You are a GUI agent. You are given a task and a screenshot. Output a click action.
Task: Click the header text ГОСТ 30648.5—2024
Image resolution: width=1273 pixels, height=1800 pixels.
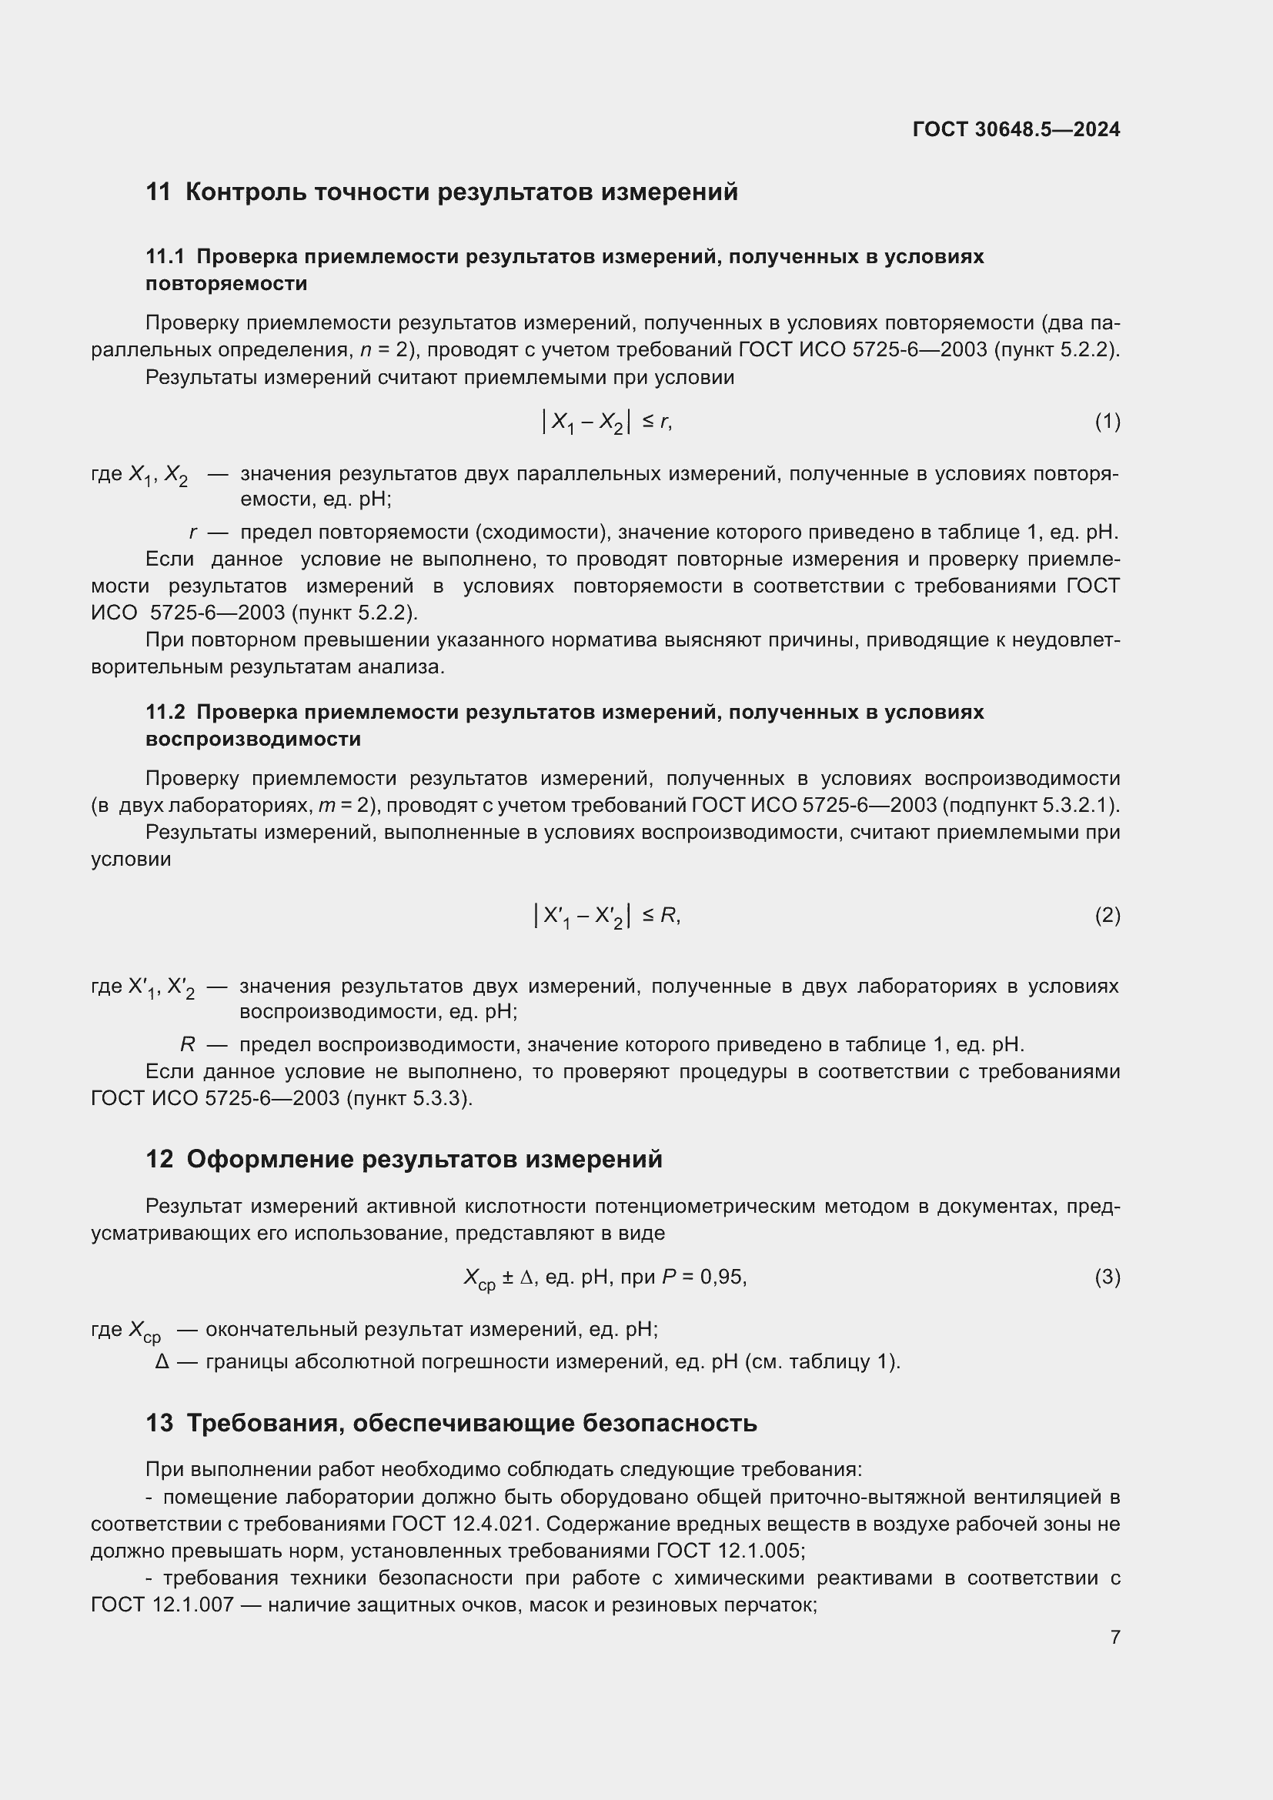tap(1016, 129)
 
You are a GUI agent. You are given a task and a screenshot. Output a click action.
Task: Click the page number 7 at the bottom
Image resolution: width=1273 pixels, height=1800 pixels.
tap(1114, 1637)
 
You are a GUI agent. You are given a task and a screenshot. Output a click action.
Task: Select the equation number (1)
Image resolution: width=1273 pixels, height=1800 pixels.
tap(1107, 422)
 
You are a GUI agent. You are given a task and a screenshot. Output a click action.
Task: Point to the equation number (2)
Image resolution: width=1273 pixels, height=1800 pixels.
tap(1107, 915)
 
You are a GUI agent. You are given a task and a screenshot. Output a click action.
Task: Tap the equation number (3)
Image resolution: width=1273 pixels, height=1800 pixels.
tap(1107, 1277)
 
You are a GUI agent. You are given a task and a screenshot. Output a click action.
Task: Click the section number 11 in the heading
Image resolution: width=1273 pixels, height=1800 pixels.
tap(159, 192)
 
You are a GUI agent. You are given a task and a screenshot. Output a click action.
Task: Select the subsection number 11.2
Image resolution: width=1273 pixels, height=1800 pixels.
tap(165, 712)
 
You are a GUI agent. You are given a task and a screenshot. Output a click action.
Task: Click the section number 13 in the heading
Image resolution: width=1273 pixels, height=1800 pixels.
tap(159, 1423)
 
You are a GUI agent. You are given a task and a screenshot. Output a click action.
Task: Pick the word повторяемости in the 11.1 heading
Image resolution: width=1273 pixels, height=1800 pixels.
tap(226, 283)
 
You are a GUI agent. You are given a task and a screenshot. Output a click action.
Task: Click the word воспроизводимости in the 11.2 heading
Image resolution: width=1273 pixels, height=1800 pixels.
tap(253, 739)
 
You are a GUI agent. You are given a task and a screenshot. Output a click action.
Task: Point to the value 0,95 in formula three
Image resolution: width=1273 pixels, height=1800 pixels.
tap(722, 1277)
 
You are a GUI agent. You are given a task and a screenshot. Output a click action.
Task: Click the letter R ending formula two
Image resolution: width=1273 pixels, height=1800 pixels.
tap(668, 915)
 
